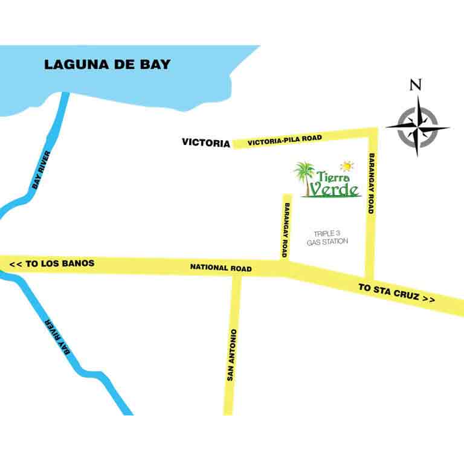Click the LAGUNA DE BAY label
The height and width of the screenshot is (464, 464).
coord(108,64)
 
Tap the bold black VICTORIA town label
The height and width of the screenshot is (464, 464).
coord(206,143)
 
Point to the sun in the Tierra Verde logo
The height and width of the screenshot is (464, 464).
coord(347,165)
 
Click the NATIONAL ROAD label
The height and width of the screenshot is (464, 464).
coord(221,267)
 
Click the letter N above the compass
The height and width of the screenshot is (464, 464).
coord(415,85)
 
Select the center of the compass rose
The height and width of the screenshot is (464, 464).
coord(417,127)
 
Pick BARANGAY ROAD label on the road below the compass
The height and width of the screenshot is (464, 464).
coord(371,184)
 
